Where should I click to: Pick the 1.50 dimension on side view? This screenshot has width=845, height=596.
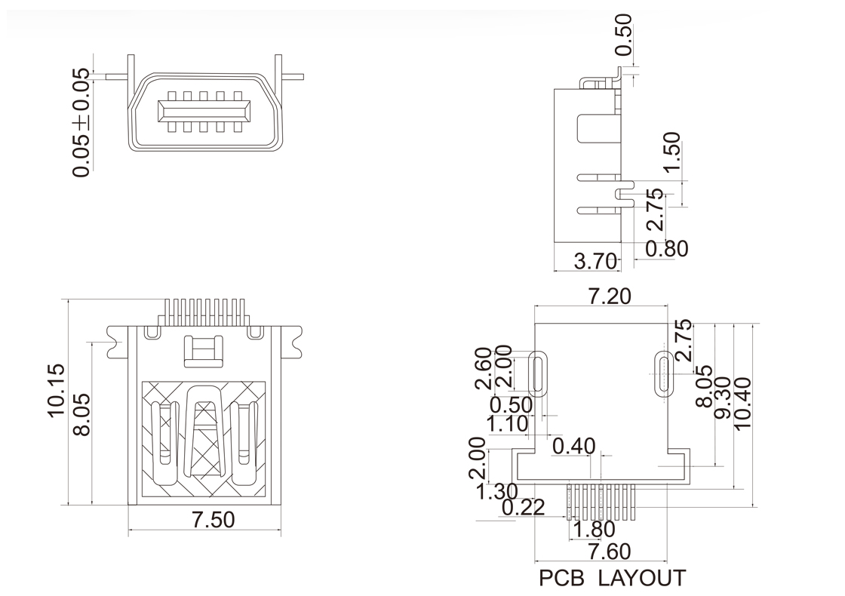click(x=671, y=154)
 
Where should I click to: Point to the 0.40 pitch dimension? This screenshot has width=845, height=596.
click(x=574, y=447)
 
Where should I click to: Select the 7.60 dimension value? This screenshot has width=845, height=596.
click(x=599, y=551)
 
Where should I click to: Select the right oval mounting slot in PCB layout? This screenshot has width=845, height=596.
click(x=663, y=372)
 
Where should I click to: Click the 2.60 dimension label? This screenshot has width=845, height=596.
click(x=484, y=368)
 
